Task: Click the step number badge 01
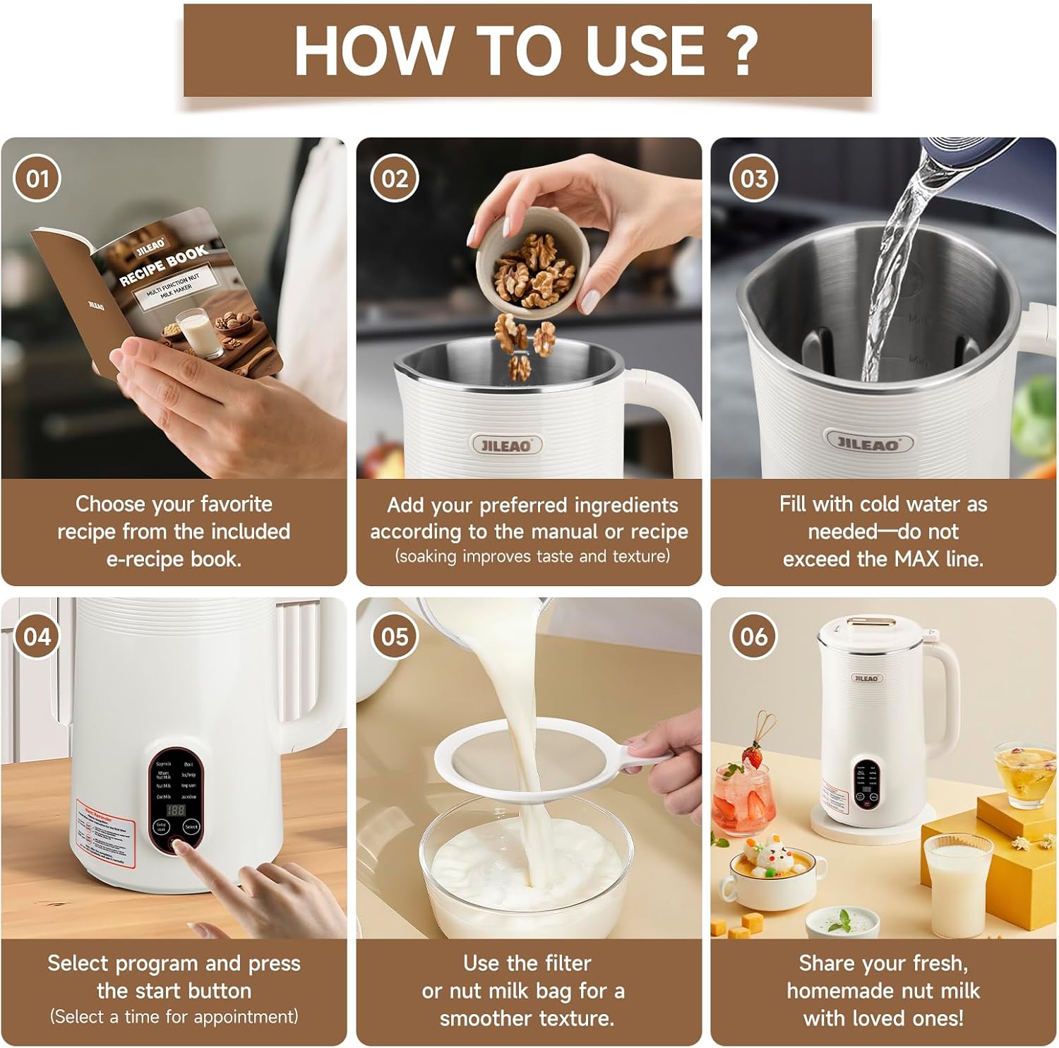37,179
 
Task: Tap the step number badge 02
394,179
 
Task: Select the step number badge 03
753,179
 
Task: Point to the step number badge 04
37,636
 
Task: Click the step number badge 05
394,636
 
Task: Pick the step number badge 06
753,636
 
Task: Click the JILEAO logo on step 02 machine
506,445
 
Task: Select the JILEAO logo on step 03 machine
869,443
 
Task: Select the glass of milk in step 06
954,879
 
